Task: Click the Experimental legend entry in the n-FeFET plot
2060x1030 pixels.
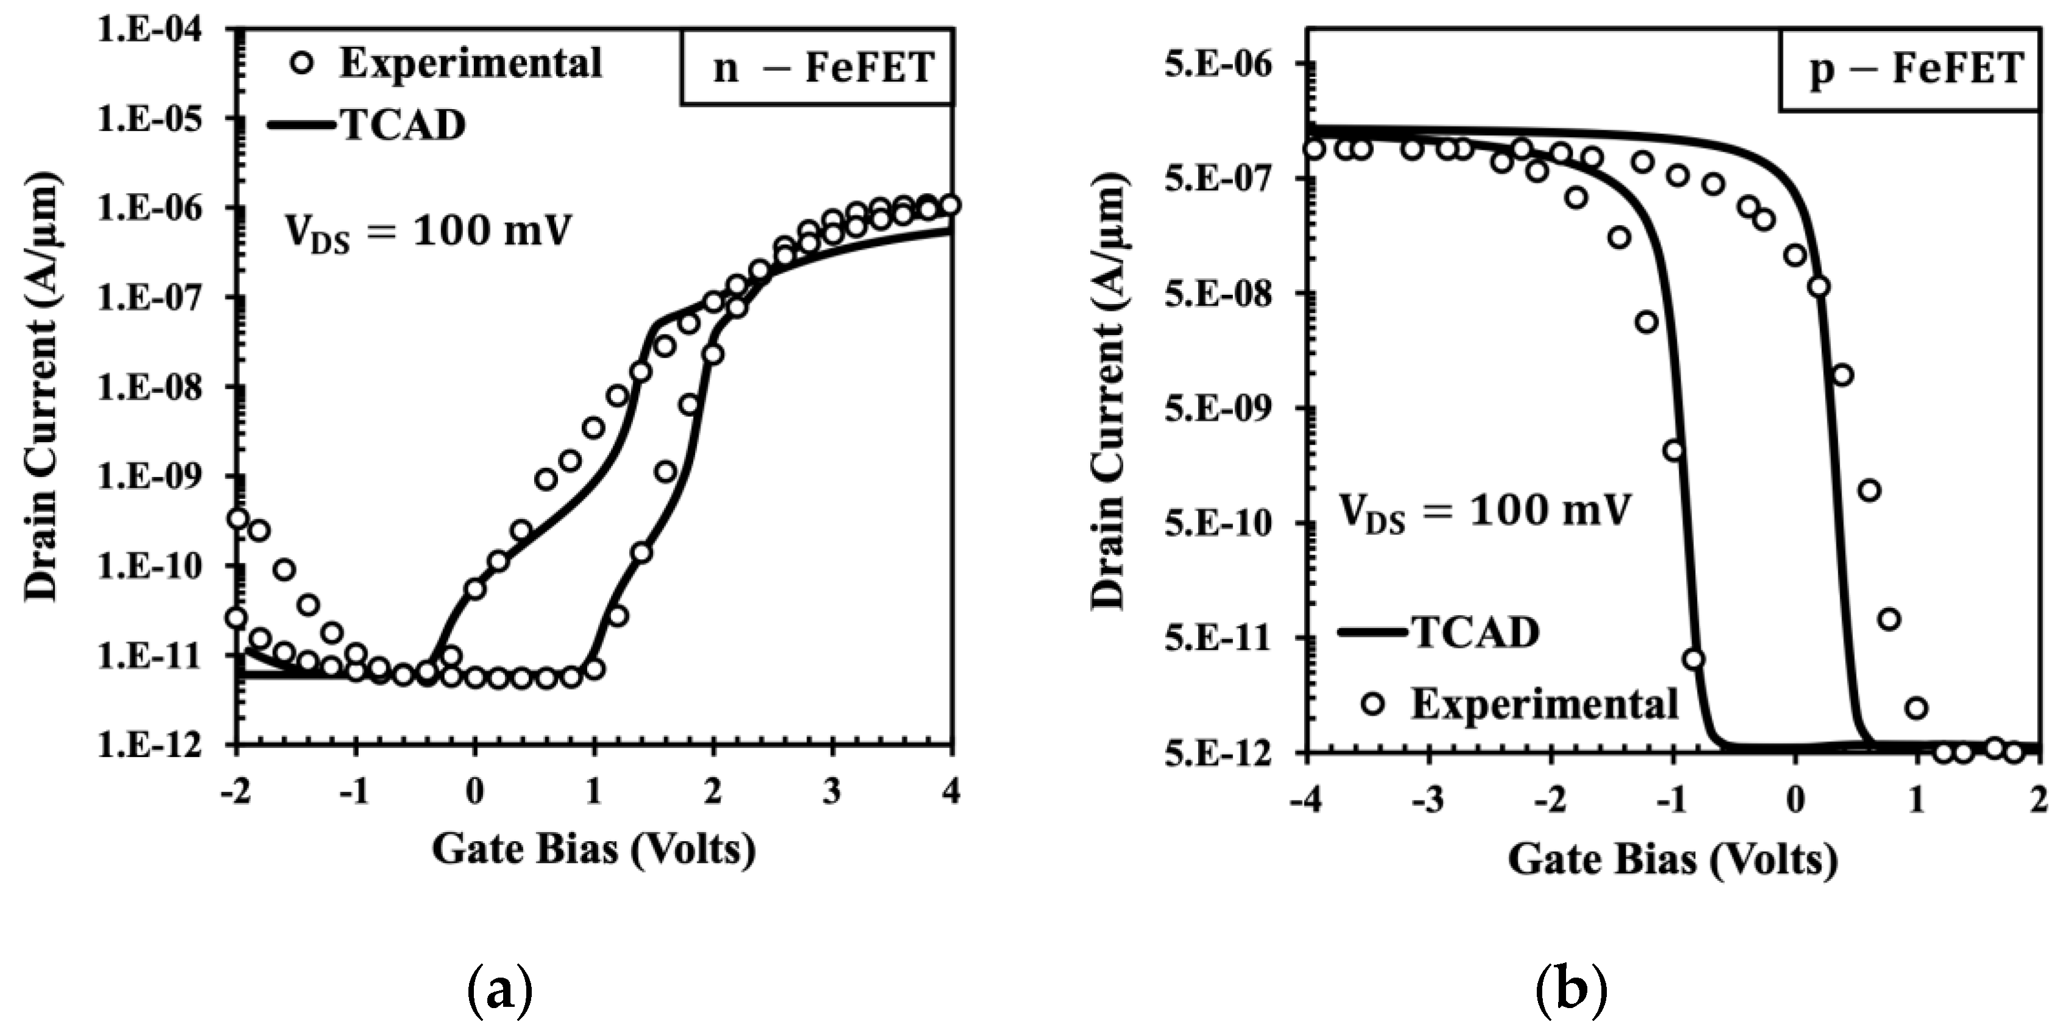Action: (x=448, y=64)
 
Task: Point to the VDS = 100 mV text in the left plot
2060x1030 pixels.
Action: (x=429, y=233)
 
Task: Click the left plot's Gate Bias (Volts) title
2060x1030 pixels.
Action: (x=593, y=849)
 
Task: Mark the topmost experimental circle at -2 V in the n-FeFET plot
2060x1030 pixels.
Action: (x=238, y=518)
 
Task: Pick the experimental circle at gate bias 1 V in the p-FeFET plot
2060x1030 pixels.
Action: (x=1917, y=708)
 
